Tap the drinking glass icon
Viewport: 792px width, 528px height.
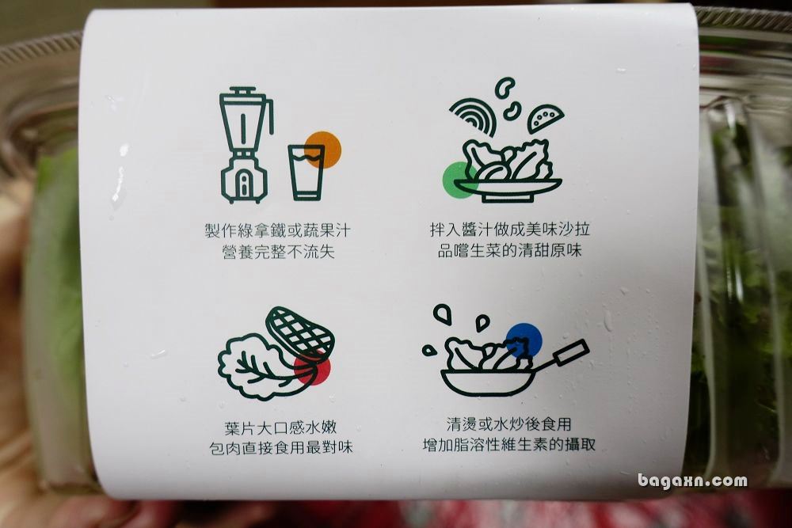pyautogui.click(x=307, y=173)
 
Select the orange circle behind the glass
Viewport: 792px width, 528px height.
pyautogui.click(x=323, y=149)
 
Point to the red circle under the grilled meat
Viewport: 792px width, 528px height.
pyautogui.click(x=312, y=368)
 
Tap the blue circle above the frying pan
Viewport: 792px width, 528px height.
pyautogui.click(x=524, y=340)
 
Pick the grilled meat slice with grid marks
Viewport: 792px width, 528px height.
pyautogui.click(x=300, y=332)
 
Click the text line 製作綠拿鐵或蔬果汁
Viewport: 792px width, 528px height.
pyautogui.click(x=277, y=230)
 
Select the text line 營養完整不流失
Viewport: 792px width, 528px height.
pyautogui.click(x=278, y=251)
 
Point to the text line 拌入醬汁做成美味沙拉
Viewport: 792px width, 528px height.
pyautogui.click(x=509, y=230)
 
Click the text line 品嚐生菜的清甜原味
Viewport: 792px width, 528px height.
pyautogui.click(x=509, y=250)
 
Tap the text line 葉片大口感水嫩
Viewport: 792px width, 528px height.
pyautogui.click(x=280, y=428)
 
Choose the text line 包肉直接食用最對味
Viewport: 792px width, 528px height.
pyautogui.click(x=281, y=448)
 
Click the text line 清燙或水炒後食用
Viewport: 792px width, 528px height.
pyautogui.click(x=509, y=424)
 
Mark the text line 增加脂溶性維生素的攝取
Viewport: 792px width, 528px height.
pyautogui.click(x=509, y=444)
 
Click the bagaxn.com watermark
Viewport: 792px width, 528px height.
pyautogui.click(x=692, y=481)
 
